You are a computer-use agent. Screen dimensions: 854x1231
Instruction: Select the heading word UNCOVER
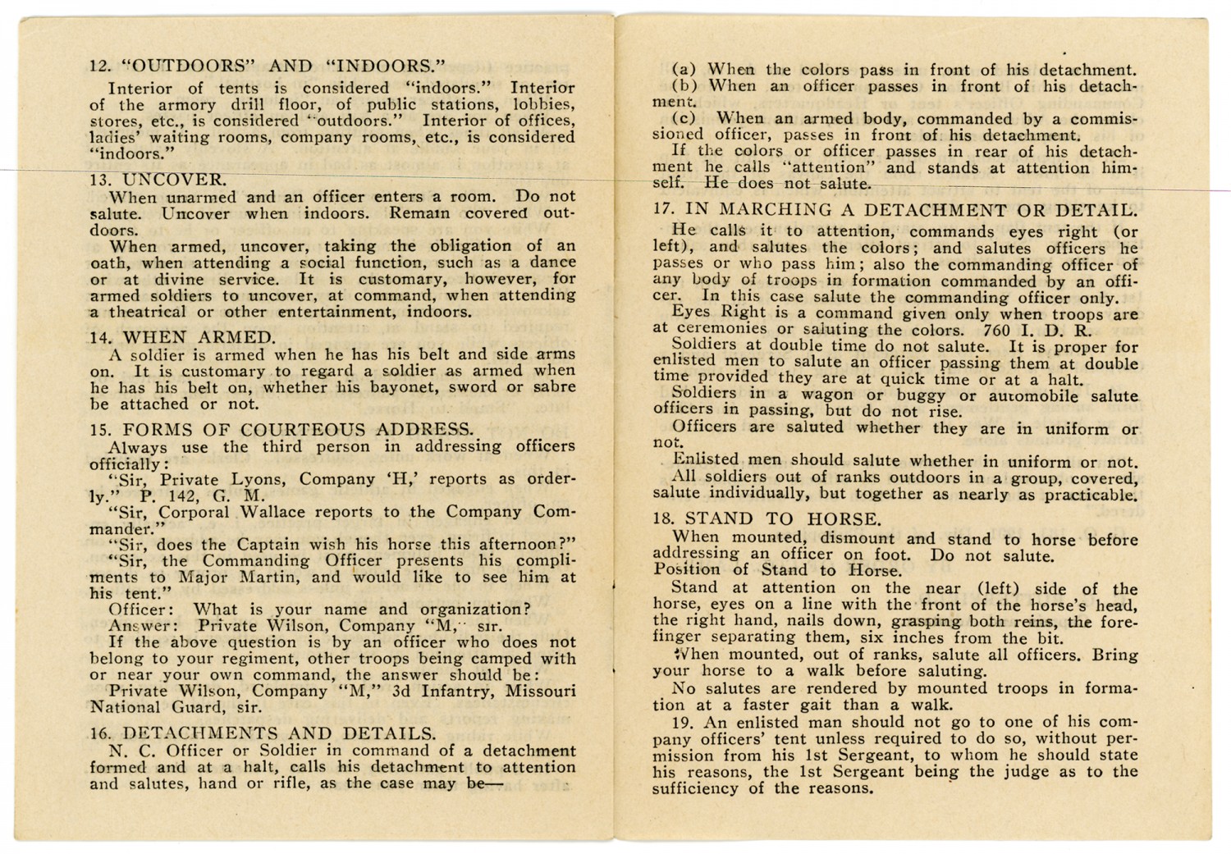174,180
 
